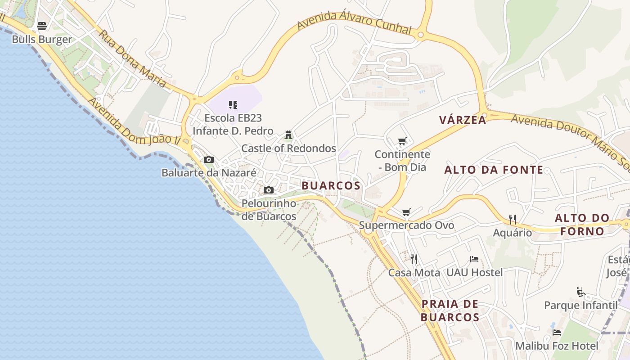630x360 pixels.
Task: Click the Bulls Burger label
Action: point(42,40)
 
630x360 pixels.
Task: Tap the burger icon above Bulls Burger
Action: point(42,26)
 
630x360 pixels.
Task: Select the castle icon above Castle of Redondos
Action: point(288,135)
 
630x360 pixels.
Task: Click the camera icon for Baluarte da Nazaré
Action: point(209,160)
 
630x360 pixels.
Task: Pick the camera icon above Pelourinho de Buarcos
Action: point(269,190)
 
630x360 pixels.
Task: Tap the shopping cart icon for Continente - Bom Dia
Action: point(402,141)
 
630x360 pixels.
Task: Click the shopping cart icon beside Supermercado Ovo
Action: point(406,212)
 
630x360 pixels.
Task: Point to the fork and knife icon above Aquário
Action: point(512,220)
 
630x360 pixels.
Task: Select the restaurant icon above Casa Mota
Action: point(414,259)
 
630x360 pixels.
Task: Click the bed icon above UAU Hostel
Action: point(474,259)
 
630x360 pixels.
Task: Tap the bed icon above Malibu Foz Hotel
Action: point(557,333)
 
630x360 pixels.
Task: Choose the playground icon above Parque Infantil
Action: point(580,292)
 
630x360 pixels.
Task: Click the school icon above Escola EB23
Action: point(233,105)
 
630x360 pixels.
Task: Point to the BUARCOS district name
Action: point(331,185)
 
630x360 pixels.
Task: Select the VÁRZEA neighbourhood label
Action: point(463,120)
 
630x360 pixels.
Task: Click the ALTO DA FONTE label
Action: point(494,170)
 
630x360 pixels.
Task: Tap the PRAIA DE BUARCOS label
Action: point(450,310)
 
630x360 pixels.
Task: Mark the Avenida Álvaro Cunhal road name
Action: point(354,22)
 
